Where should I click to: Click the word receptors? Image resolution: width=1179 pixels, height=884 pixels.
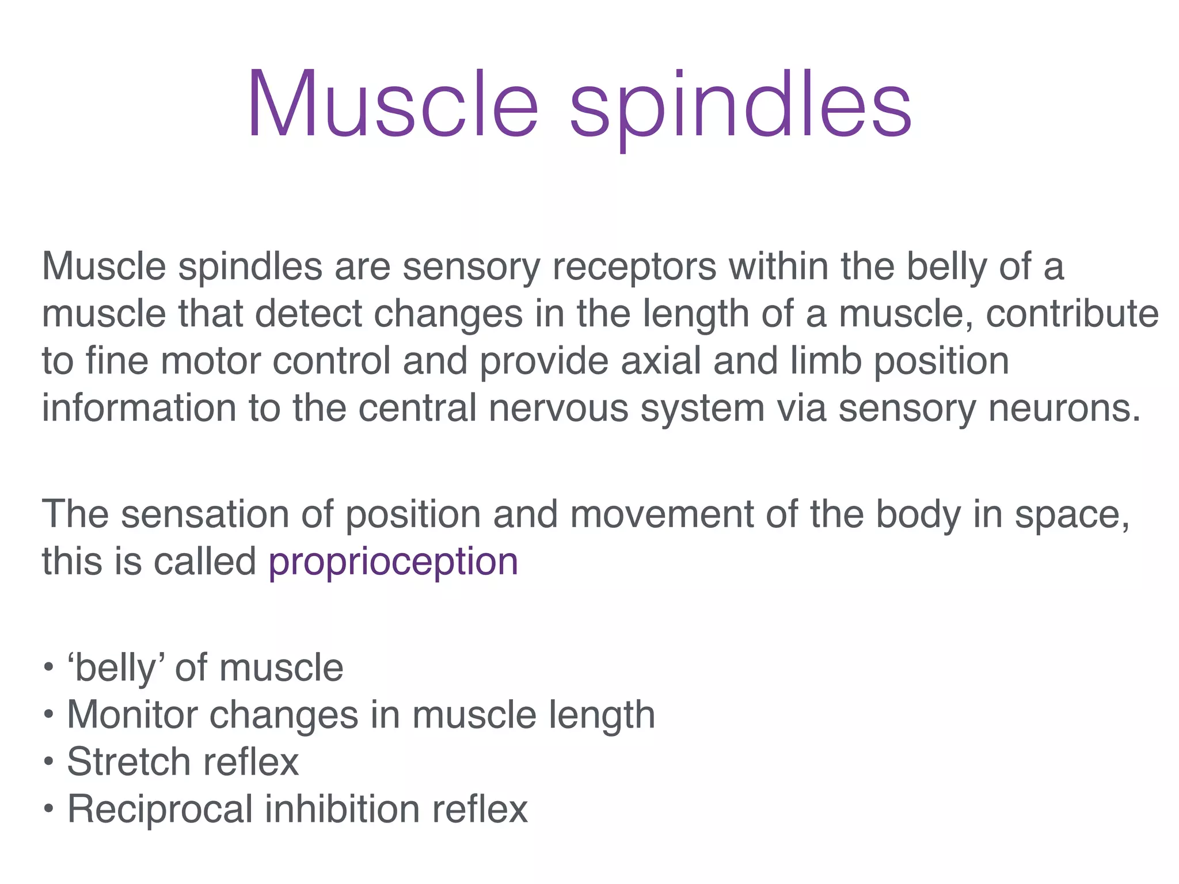point(634,268)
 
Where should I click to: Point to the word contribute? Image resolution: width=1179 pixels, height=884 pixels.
point(1072,314)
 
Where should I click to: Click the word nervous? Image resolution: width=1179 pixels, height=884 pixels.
point(558,409)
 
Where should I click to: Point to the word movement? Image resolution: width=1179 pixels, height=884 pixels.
point(662,514)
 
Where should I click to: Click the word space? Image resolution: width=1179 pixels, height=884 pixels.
point(1071,515)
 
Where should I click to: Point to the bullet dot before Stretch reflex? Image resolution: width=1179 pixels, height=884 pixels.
point(49,763)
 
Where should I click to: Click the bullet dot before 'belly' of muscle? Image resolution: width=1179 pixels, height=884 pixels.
point(49,668)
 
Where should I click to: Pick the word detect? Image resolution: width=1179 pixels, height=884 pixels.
point(309,314)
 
